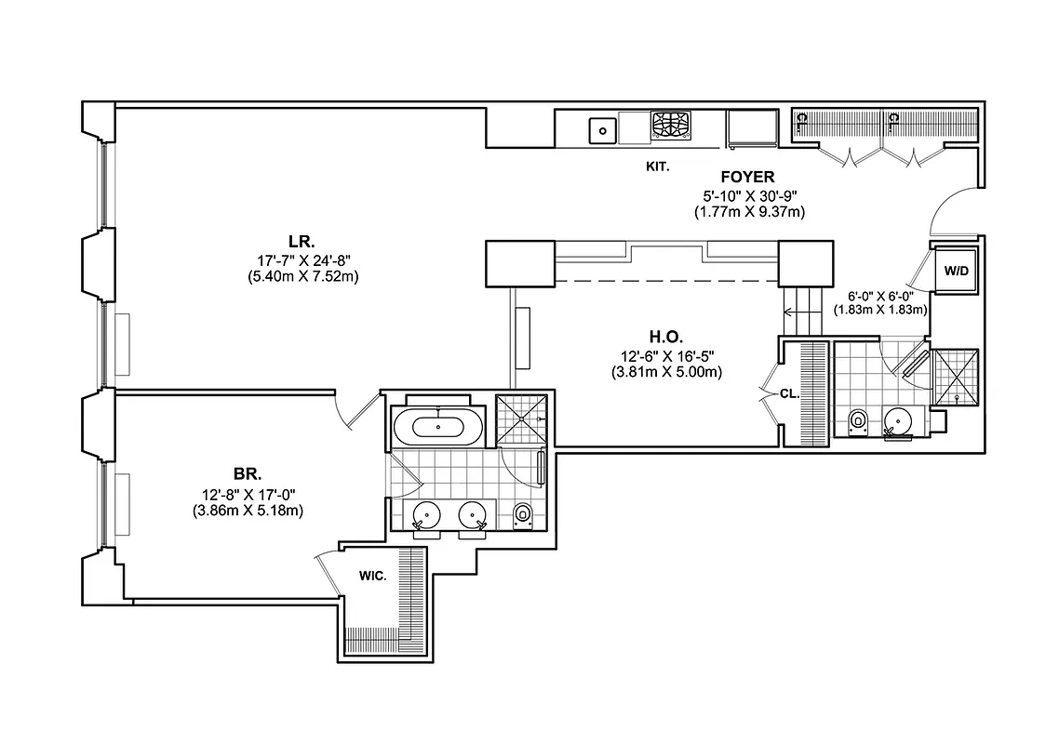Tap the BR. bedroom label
coord(248,475)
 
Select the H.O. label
coord(665,337)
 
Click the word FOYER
coord(748,177)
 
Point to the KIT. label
coord(658,167)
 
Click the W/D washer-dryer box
coord(956,272)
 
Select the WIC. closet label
coord(373,576)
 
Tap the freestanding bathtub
coord(438,428)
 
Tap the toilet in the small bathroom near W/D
coord(858,422)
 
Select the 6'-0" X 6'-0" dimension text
coord(879,297)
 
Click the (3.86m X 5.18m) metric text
coord(248,511)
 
